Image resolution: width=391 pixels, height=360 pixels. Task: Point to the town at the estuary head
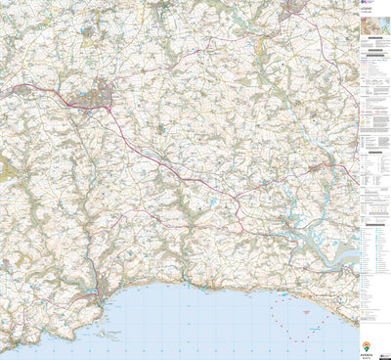pos(319,168)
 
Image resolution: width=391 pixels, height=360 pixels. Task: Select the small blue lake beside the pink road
pos(211,203)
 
